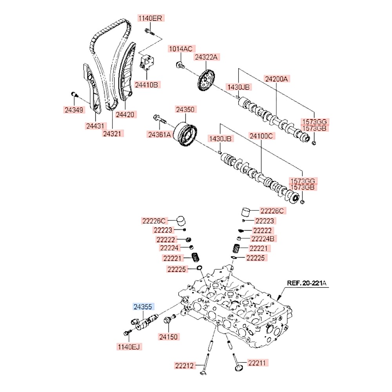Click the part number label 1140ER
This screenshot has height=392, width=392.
[151, 18]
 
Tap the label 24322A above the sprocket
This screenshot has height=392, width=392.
[205, 57]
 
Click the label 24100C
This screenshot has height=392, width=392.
[261, 136]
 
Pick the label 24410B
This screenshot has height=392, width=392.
[147, 84]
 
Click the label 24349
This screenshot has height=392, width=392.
[74, 110]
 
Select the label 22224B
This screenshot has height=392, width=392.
[264, 238]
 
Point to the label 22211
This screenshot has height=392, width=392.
[257, 363]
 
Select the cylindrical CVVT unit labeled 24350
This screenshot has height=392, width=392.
[185, 134]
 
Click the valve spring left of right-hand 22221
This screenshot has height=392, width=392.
[236, 249]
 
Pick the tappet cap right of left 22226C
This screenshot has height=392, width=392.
[181, 220]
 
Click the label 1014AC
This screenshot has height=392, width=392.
[180, 49]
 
